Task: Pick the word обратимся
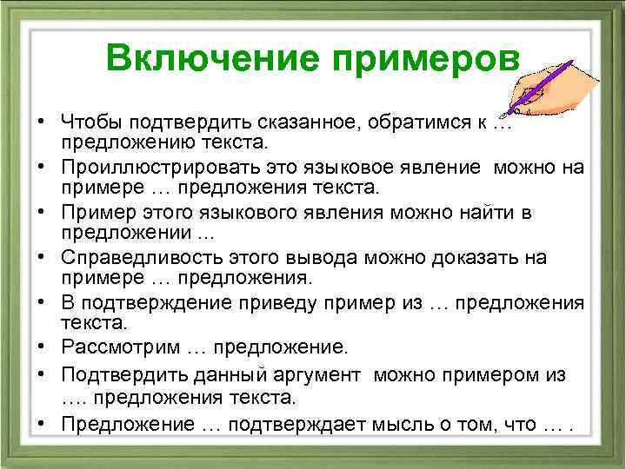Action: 405,121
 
